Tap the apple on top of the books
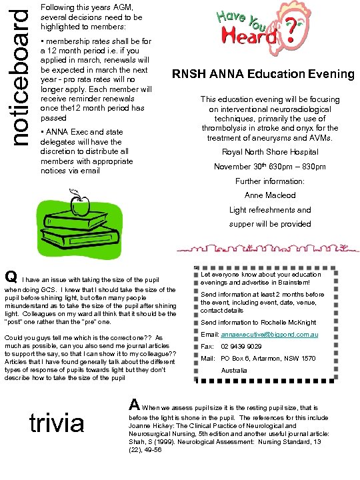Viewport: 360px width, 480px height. click(80, 206)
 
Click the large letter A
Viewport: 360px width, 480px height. click(134, 405)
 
